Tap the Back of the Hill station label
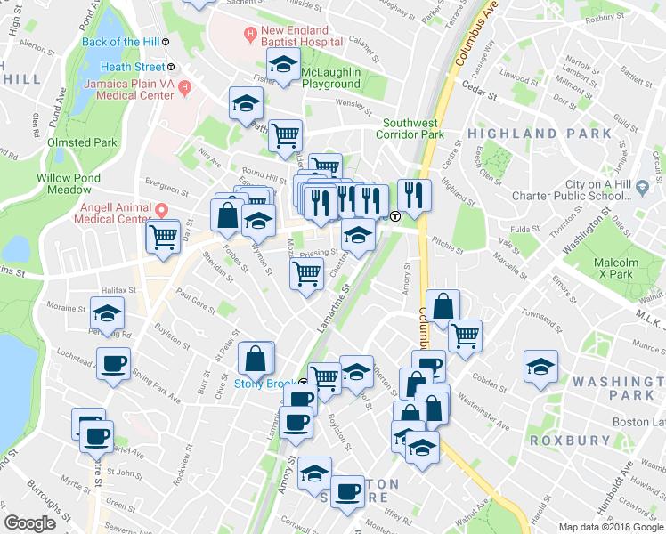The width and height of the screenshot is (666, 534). (x=122, y=42)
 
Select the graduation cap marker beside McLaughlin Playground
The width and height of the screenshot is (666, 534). (x=283, y=64)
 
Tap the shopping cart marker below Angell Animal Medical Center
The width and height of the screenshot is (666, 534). (x=163, y=237)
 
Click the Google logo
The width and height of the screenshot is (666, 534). (x=29, y=524)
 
